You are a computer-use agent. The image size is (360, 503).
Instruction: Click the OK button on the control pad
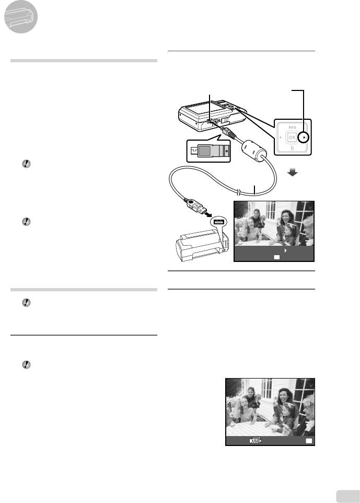point(292,138)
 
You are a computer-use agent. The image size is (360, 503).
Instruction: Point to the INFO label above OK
point(292,128)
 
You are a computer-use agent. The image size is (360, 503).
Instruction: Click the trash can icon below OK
point(292,148)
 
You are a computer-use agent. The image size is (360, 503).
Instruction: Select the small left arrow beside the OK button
point(280,138)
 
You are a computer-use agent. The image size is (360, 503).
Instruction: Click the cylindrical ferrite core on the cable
point(254,150)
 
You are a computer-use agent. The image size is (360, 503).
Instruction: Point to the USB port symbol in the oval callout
point(218,221)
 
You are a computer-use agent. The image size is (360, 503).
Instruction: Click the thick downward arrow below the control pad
point(292,173)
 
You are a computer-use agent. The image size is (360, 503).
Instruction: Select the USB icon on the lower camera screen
point(256,441)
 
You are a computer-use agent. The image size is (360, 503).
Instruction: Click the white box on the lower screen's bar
point(309,441)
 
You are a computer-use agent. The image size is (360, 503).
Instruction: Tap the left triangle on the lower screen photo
point(229,404)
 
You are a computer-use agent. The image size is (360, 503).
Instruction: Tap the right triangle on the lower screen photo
point(311,404)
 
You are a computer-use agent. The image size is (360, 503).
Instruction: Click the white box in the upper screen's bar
point(276,257)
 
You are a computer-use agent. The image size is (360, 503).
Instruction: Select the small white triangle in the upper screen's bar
point(286,250)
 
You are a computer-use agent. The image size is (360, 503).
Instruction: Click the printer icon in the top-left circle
point(20,17)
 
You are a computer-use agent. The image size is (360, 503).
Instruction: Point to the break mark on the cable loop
point(238,192)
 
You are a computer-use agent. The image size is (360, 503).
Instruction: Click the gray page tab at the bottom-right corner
point(348,497)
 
